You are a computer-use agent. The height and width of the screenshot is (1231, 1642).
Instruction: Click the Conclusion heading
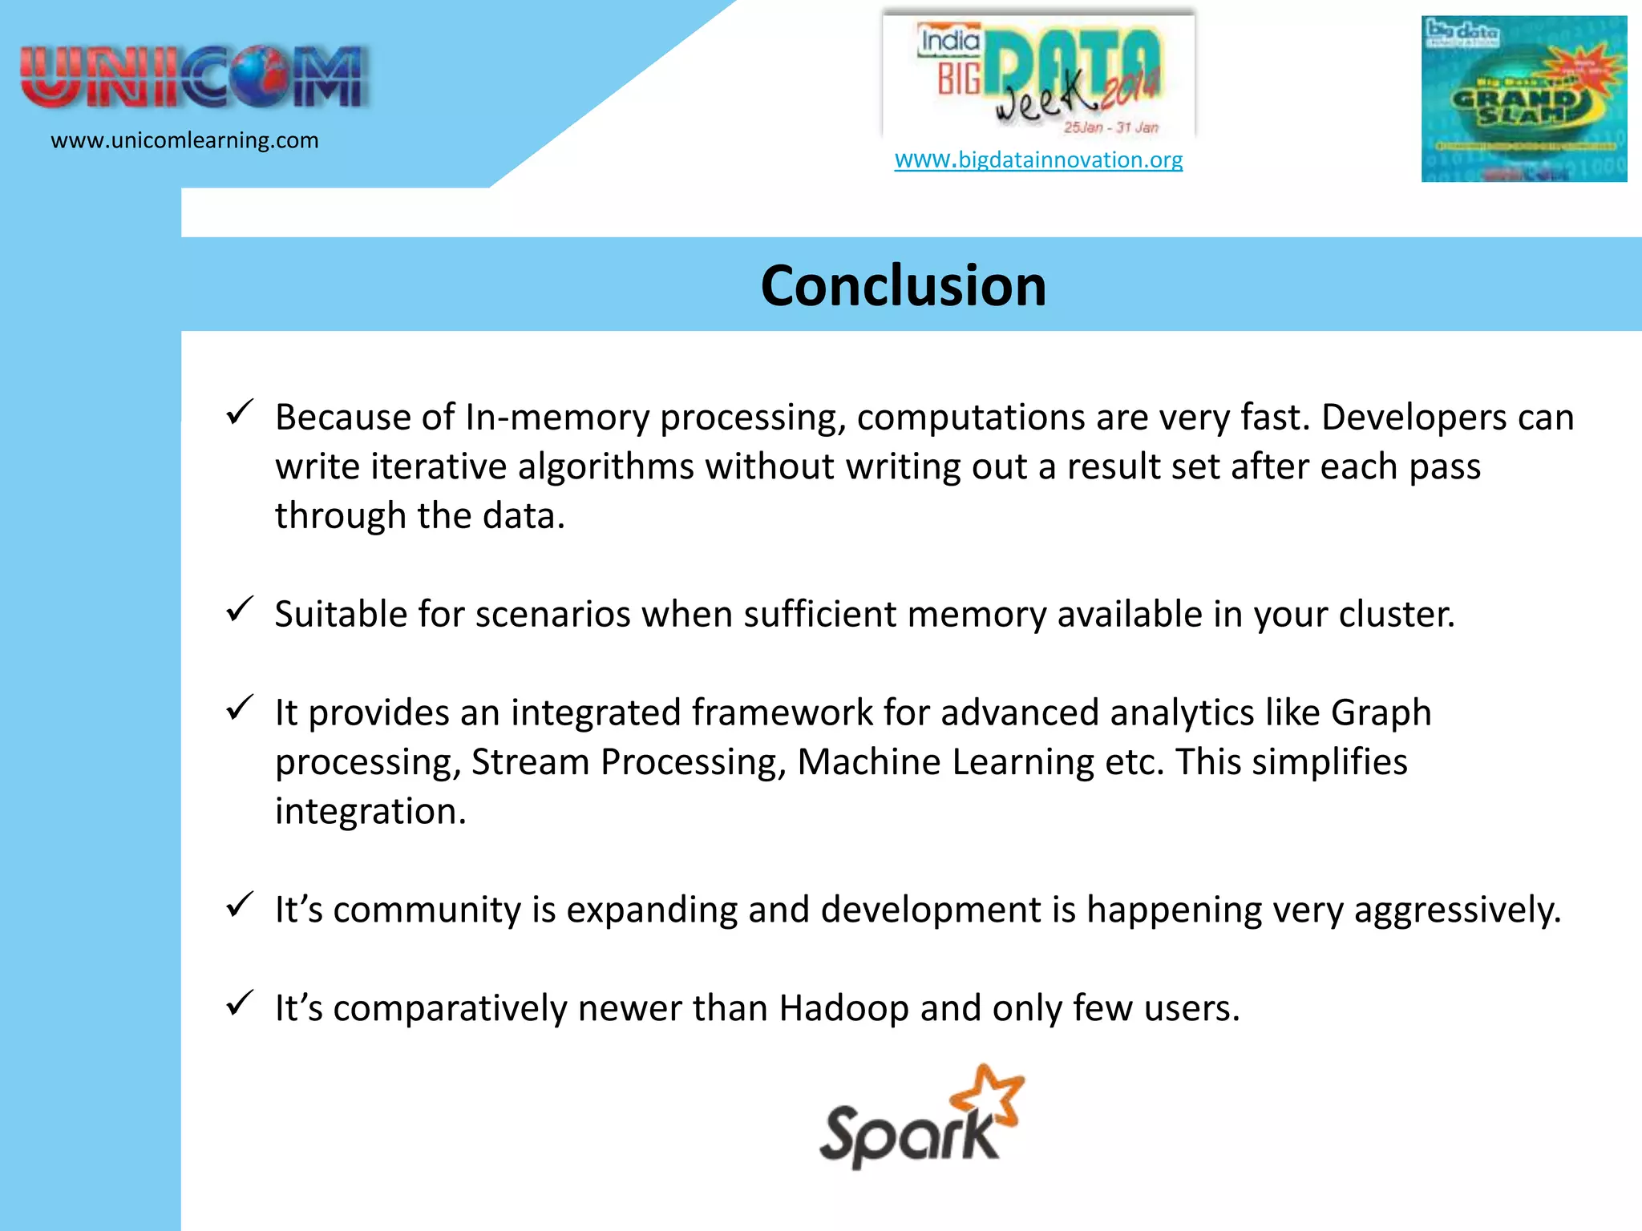(x=903, y=286)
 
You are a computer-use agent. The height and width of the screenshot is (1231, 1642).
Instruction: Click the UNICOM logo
(x=195, y=77)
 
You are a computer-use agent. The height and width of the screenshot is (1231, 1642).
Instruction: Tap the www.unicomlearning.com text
(x=184, y=141)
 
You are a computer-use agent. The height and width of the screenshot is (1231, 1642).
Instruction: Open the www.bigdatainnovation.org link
(x=1038, y=160)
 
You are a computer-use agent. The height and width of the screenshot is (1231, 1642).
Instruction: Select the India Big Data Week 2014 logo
(x=1039, y=76)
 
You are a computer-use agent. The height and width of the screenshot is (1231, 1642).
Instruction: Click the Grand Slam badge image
(x=1523, y=99)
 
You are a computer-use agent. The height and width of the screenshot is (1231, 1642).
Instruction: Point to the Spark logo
(x=920, y=1119)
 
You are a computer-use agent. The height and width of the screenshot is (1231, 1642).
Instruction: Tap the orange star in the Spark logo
(x=989, y=1093)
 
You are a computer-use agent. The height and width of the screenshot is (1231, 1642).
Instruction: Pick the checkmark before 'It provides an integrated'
(x=240, y=708)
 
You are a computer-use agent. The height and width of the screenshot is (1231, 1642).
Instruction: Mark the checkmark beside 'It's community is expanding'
(x=240, y=905)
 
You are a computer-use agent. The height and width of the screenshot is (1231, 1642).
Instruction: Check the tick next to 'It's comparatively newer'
(x=240, y=1003)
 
